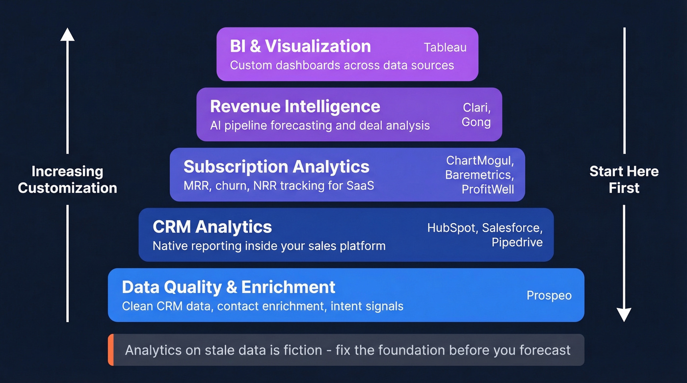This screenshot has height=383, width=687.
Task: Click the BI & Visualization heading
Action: click(x=300, y=46)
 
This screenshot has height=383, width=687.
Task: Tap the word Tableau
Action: click(x=445, y=48)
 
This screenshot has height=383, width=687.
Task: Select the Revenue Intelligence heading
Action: click(x=294, y=106)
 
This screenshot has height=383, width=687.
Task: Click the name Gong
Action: click(x=476, y=122)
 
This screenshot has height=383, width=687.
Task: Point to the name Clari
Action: click(x=476, y=107)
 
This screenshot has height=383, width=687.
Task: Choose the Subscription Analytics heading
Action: click(x=276, y=167)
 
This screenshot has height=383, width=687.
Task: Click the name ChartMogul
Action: click(x=479, y=160)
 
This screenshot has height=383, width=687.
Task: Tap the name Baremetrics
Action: click(x=479, y=175)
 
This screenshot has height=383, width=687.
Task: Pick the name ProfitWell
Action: click(x=487, y=189)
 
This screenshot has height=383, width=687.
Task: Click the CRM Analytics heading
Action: click(x=212, y=227)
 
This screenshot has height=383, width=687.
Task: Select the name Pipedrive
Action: click(x=517, y=242)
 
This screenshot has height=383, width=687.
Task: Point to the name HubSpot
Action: click(x=451, y=228)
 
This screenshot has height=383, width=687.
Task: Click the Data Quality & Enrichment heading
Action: click(x=228, y=287)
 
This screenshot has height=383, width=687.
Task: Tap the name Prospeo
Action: click(x=549, y=296)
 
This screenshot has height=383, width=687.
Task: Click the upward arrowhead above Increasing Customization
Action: click(x=67, y=34)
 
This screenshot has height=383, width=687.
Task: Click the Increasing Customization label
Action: click(x=67, y=179)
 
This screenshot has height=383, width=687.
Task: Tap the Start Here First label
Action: click(x=624, y=179)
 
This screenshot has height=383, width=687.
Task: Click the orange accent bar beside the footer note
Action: click(x=111, y=350)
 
